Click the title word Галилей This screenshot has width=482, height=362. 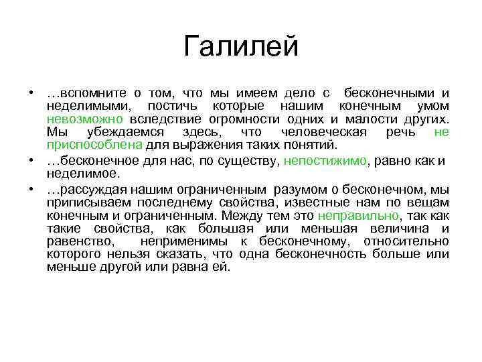[x=240, y=48]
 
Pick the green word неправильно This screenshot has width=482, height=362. [x=357, y=217]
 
